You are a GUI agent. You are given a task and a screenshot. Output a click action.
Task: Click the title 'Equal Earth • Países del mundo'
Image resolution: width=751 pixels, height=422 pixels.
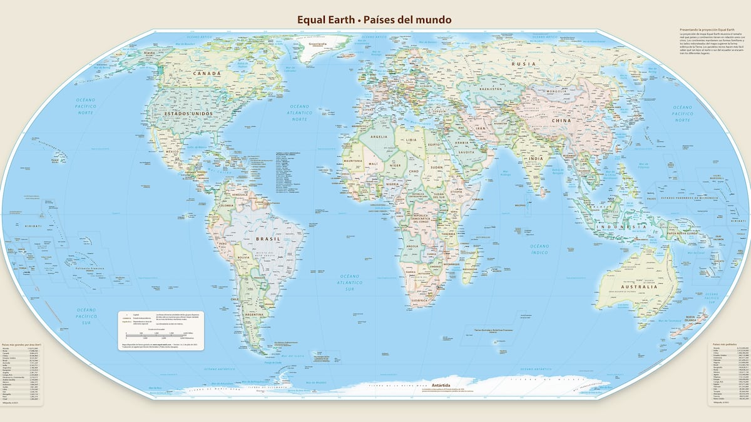(x=374, y=20)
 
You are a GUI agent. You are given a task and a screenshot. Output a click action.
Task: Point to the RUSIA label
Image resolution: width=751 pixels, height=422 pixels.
(x=524, y=64)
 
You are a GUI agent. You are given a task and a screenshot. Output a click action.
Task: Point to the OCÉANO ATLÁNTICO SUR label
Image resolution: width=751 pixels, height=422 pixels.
(x=351, y=281)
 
